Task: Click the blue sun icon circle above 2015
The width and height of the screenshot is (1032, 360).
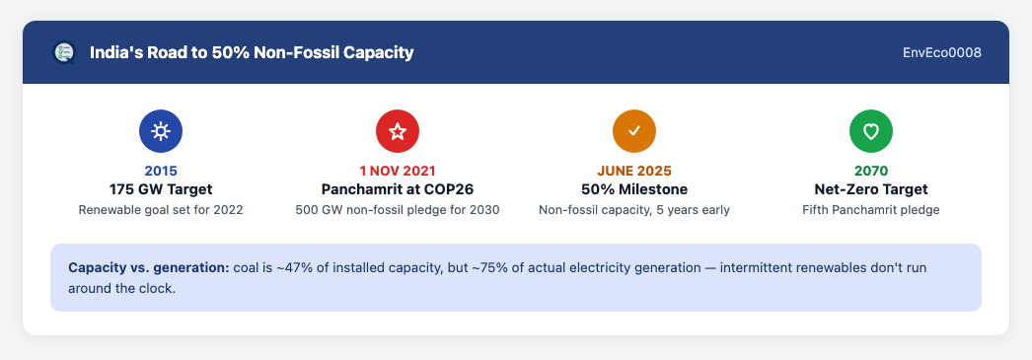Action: pyautogui.click(x=161, y=131)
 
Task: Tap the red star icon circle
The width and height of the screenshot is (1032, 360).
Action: pyautogui.click(x=398, y=131)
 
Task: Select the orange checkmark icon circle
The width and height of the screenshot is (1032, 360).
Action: pyautogui.click(x=634, y=131)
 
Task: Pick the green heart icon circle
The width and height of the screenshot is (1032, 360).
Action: pyautogui.click(x=871, y=131)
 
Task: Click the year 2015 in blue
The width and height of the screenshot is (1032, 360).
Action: pyautogui.click(x=161, y=171)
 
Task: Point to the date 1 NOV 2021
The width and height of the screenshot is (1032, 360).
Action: pyautogui.click(x=398, y=171)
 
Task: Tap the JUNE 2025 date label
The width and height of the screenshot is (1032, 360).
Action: pyautogui.click(x=634, y=171)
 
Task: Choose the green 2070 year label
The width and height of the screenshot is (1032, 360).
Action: pyautogui.click(x=871, y=171)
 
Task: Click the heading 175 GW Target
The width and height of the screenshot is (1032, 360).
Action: pyautogui.click(x=161, y=189)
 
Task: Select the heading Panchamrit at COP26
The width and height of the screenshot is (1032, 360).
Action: pyautogui.click(x=398, y=189)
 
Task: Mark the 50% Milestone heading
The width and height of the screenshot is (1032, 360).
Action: pyautogui.click(x=634, y=189)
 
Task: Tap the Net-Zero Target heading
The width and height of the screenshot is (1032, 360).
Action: pyautogui.click(x=871, y=189)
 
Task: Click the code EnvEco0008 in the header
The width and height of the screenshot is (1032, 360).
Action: pyautogui.click(x=942, y=52)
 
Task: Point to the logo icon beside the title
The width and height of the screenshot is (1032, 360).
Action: pyautogui.click(x=64, y=52)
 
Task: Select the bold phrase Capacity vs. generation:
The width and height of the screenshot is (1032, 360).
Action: pyautogui.click(x=149, y=268)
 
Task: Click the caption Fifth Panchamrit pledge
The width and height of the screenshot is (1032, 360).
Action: pyautogui.click(x=871, y=211)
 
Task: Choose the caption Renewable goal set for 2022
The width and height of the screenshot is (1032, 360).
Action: pyautogui.click(x=161, y=211)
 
